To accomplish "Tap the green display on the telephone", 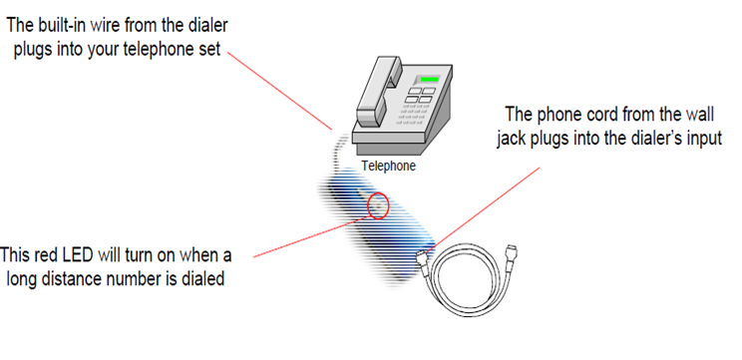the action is coord(430,80).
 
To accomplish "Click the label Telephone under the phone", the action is coord(388,167).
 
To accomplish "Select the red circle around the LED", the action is coord(378,206).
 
